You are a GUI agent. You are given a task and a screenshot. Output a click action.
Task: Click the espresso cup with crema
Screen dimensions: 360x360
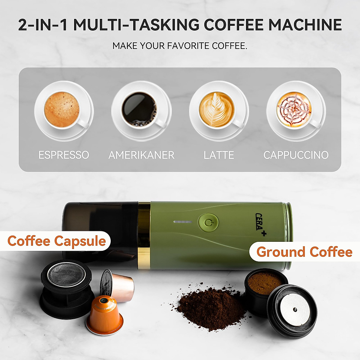[62, 110]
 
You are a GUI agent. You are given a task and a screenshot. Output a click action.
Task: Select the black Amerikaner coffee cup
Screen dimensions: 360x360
[139, 110]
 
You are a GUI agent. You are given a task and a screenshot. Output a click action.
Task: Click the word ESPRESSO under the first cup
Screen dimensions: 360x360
[64, 155]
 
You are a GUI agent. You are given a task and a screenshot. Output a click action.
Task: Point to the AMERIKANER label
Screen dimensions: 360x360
[141, 155]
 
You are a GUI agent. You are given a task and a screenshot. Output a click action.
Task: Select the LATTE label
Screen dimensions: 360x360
[219, 155]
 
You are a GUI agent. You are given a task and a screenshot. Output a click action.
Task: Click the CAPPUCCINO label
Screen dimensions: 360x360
[296, 155]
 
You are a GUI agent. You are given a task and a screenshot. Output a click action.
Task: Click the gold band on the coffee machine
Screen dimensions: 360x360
[144, 234]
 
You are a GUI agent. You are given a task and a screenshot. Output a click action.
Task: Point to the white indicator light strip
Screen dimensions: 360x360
[182, 222]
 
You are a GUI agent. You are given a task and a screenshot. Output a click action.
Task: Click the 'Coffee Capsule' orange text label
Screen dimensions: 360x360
[57, 241]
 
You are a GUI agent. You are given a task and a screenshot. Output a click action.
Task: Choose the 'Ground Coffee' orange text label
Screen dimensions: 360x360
[304, 252]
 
